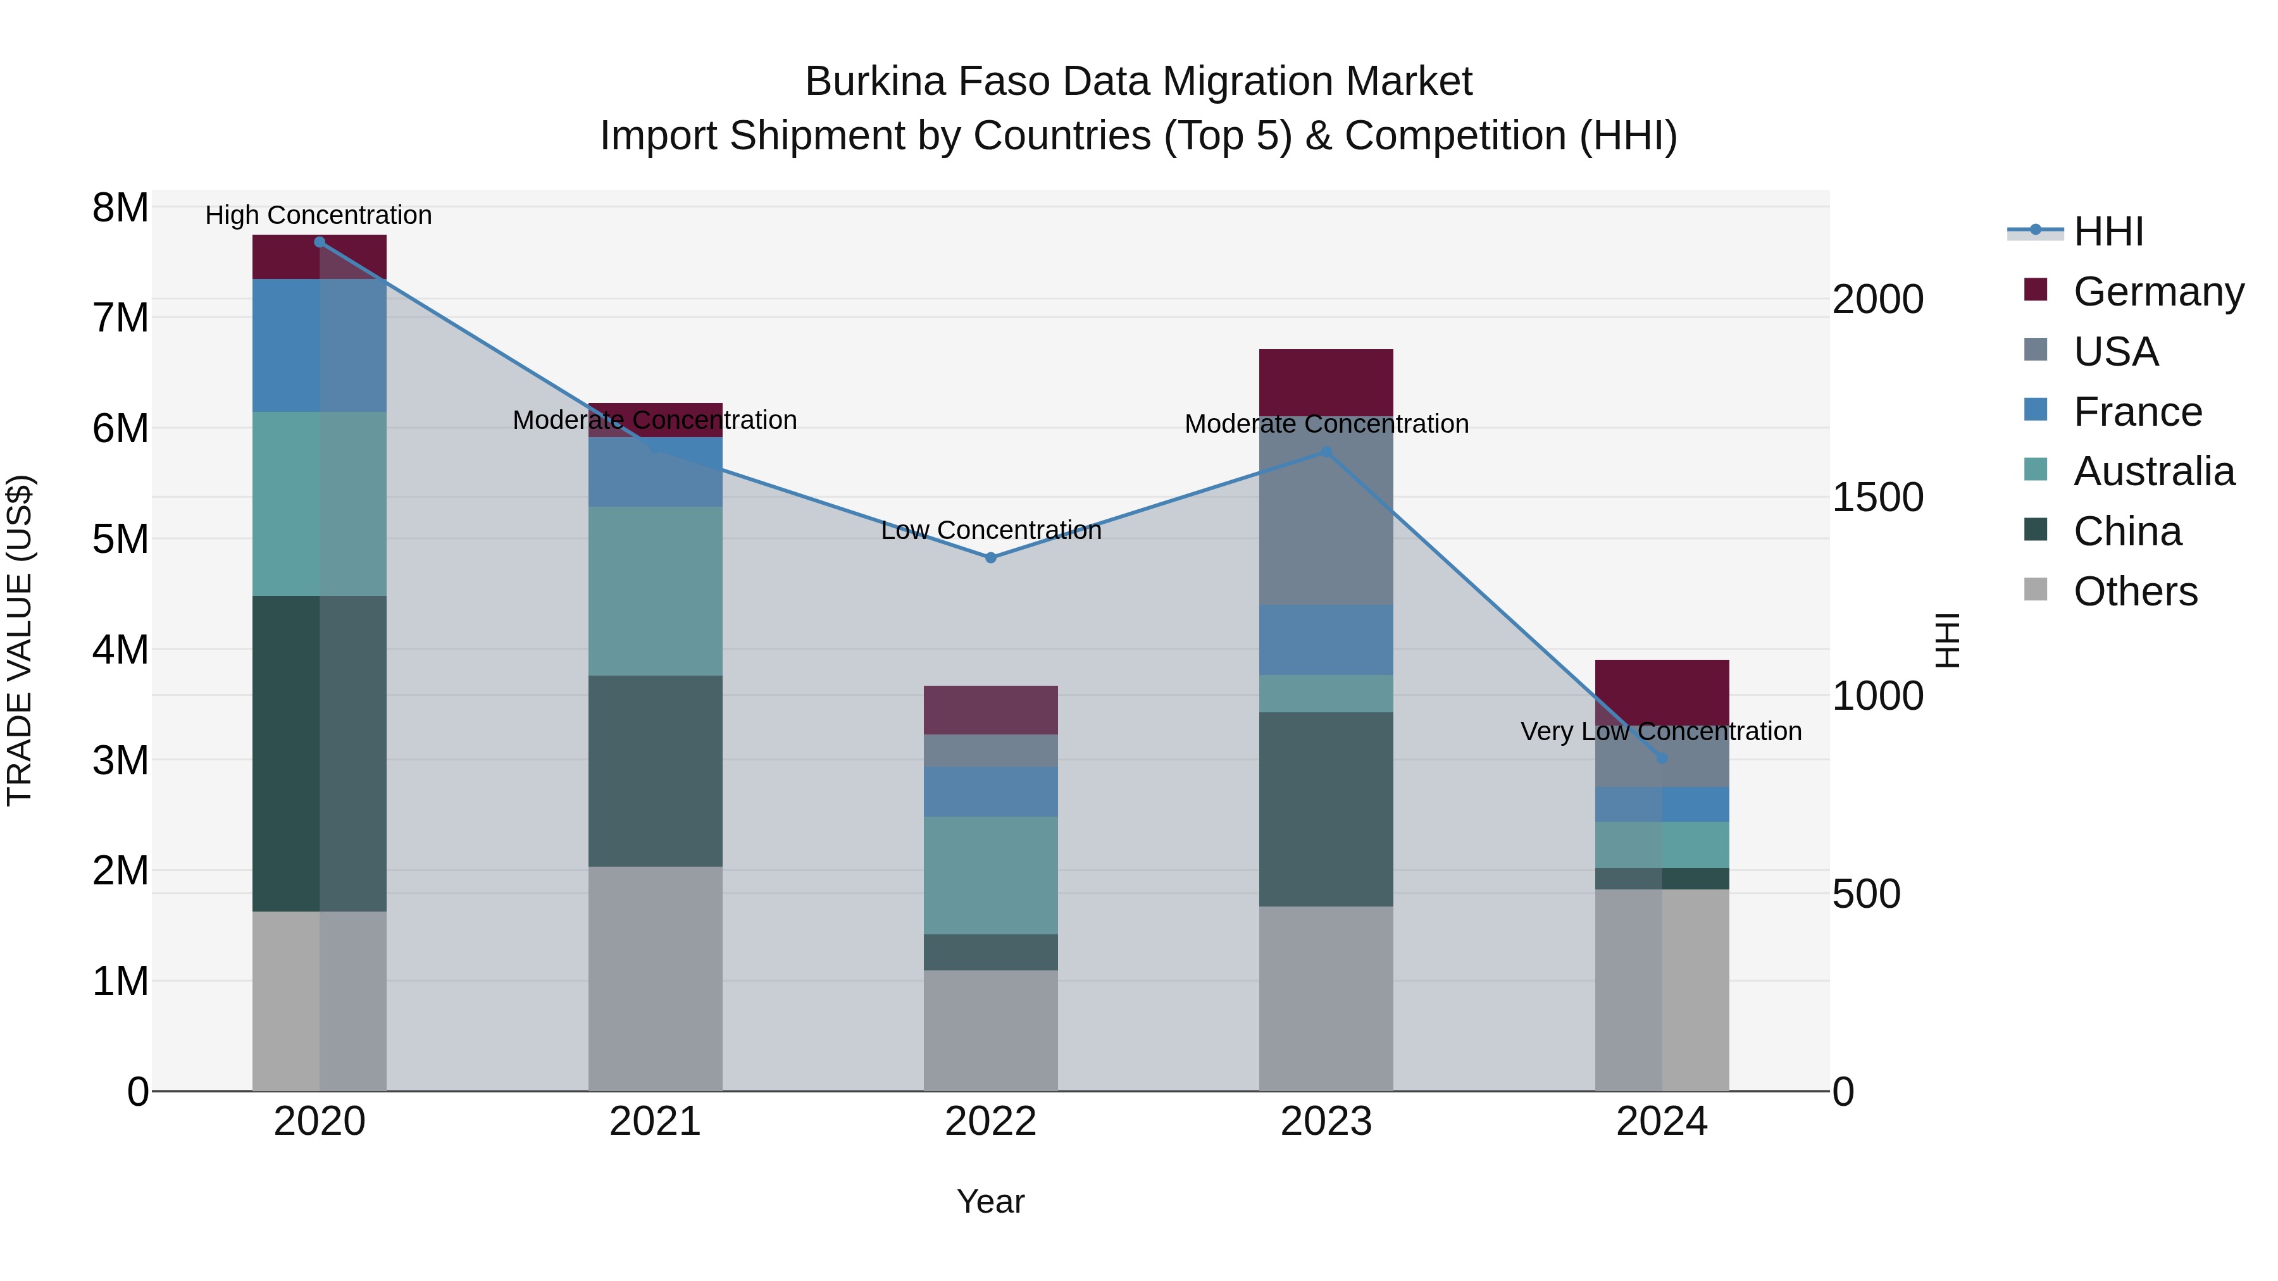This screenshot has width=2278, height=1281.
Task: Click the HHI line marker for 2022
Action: (x=990, y=558)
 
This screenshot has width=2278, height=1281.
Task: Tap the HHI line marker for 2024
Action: (x=1662, y=758)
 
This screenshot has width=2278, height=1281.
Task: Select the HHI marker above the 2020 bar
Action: (x=320, y=242)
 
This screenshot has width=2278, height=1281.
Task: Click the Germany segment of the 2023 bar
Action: (x=1326, y=382)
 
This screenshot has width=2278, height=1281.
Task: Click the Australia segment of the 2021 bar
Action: (x=656, y=591)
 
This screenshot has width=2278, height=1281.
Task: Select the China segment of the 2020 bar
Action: (x=320, y=753)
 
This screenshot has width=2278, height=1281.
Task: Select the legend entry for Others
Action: (x=2135, y=591)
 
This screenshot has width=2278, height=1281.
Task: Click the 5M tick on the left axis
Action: (x=120, y=539)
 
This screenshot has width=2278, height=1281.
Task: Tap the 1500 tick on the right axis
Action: (x=1877, y=498)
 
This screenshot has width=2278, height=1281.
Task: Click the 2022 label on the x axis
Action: (x=990, y=1122)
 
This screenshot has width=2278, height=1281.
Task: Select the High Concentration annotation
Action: (x=318, y=216)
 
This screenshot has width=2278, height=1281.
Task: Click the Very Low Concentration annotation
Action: (x=1661, y=732)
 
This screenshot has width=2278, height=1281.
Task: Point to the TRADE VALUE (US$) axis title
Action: (x=20, y=640)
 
